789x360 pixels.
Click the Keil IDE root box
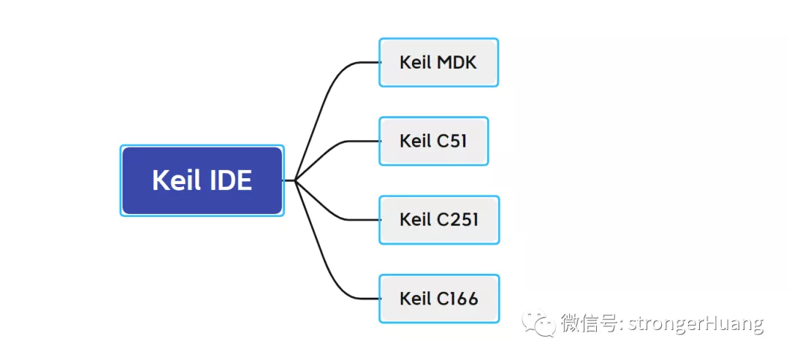coord(202,180)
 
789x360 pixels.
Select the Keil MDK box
coord(438,63)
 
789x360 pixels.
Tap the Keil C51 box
coord(433,141)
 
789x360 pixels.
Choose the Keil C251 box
coord(439,220)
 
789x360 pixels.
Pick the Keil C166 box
coord(439,299)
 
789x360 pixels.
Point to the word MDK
coord(457,63)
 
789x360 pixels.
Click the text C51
coord(452,141)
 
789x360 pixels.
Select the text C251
coord(457,220)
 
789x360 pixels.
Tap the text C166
coord(457,299)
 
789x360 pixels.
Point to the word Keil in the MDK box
coord(416,63)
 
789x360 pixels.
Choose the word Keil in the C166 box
coord(416,299)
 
